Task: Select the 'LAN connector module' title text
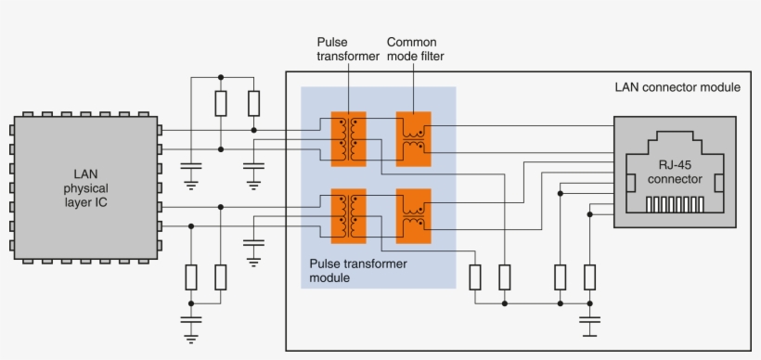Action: coord(677,87)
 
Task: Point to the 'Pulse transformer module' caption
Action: coord(358,271)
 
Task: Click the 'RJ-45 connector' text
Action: coord(675,172)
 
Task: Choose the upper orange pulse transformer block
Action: coord(349,139)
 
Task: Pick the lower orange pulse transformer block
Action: coord(349,216)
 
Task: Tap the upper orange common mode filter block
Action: coord(413,139)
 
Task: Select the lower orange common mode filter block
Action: coord(413,216)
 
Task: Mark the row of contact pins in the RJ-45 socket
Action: coord(675,203)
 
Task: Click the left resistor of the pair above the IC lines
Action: coord(221,103)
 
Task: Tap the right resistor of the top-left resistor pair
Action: coord(253,103)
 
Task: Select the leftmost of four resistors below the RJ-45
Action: coord(475,276)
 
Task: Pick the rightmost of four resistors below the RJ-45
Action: coord(589,276)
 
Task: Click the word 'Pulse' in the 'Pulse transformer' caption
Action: coord(332,43)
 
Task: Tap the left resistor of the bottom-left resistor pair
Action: coord(191,276)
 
